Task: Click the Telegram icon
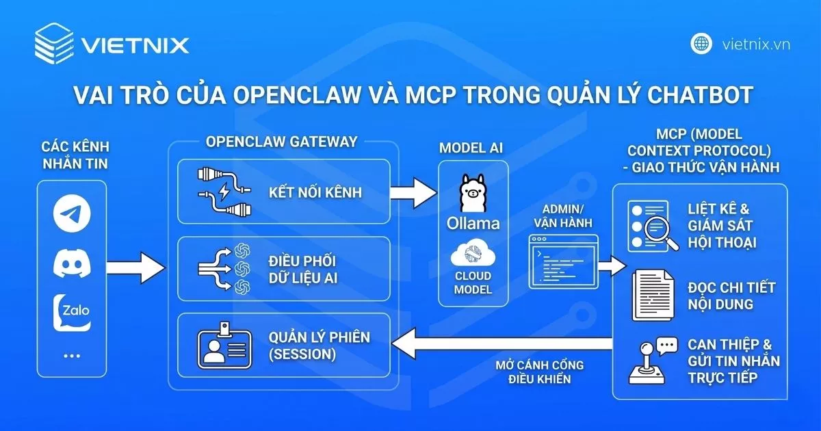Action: pos(72,215)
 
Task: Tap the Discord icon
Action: pos(72,263)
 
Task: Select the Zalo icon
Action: pos(72,311)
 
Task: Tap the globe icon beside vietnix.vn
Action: pos(701,44)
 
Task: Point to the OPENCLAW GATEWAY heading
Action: pos(281,142)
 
